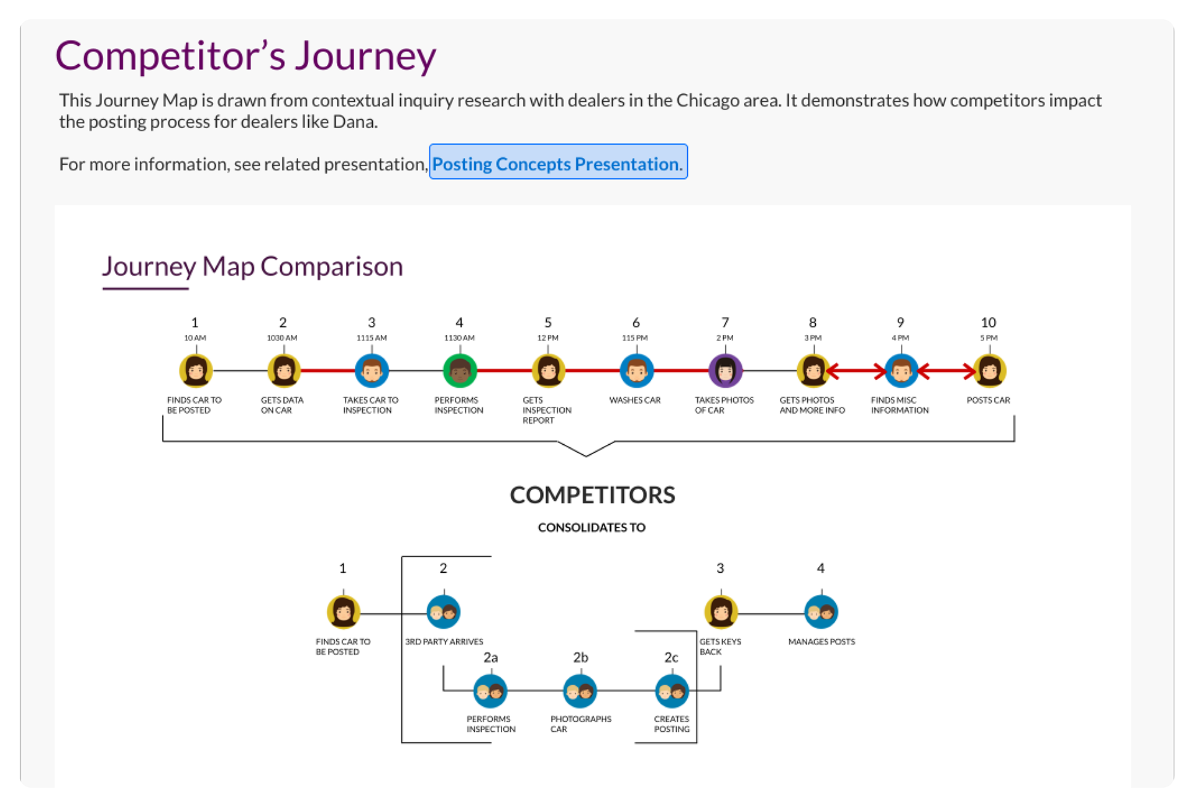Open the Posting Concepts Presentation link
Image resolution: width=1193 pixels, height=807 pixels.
557,163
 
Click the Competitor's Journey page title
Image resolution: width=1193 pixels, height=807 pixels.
246,56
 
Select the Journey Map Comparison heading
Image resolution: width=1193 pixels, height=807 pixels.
253,266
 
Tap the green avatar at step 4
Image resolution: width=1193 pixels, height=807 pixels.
460,371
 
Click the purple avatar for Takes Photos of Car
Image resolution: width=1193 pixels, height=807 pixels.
725,371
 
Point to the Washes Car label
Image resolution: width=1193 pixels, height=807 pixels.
635,400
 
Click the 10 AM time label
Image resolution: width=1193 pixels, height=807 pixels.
195,338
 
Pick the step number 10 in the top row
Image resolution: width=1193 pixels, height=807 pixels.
989,322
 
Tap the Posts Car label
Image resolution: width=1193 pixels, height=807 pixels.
989,400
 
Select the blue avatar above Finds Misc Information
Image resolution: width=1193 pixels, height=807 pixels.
901,371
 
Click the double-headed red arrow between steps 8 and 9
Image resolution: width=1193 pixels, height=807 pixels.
857,372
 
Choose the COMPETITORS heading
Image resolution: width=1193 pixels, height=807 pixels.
593,495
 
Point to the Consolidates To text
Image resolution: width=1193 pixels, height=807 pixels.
592,527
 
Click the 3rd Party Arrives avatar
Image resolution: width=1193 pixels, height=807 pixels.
444,613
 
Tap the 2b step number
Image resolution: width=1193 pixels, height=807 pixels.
580,657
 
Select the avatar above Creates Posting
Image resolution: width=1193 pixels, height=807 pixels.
672,691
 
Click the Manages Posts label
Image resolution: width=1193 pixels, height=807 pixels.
821,642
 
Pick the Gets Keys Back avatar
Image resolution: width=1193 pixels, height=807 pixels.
721,613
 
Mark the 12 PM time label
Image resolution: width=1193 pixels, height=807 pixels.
548,338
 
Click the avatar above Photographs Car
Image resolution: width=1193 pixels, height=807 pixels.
580,691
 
